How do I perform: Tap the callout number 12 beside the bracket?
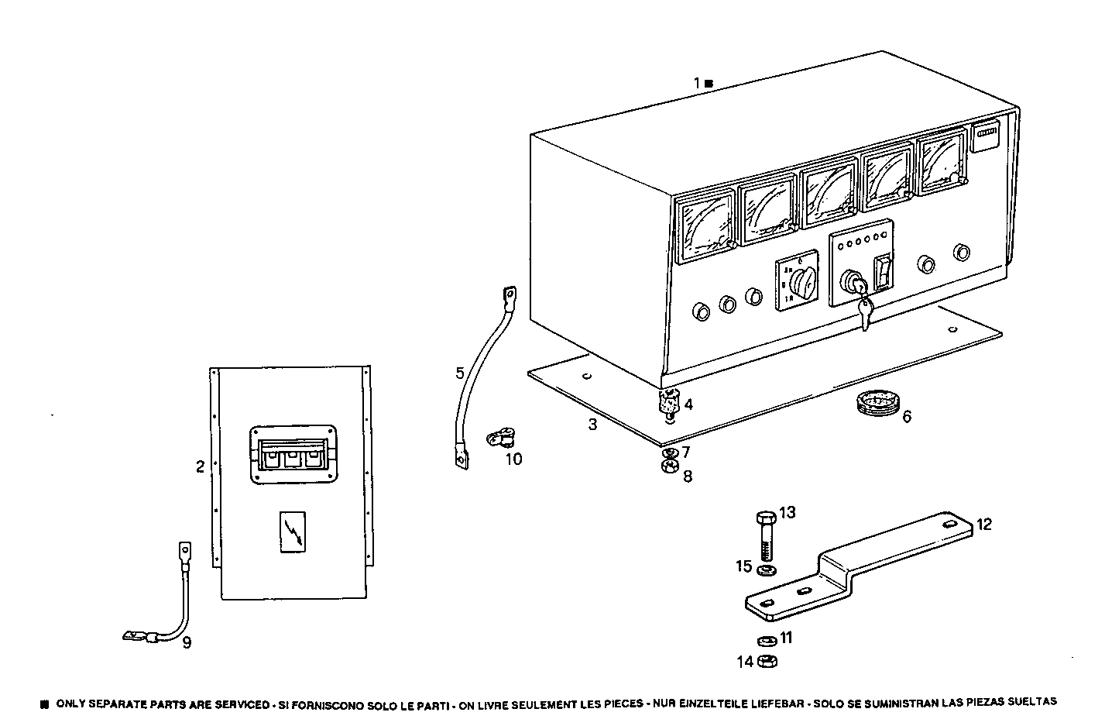coord(983,525)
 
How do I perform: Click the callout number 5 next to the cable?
coord(460,373)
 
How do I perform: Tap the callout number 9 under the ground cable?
coord(187,642)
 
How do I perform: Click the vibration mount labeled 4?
coord(668,403)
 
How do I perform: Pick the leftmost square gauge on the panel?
coord(705,226)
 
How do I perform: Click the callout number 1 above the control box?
coord(696,82)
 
